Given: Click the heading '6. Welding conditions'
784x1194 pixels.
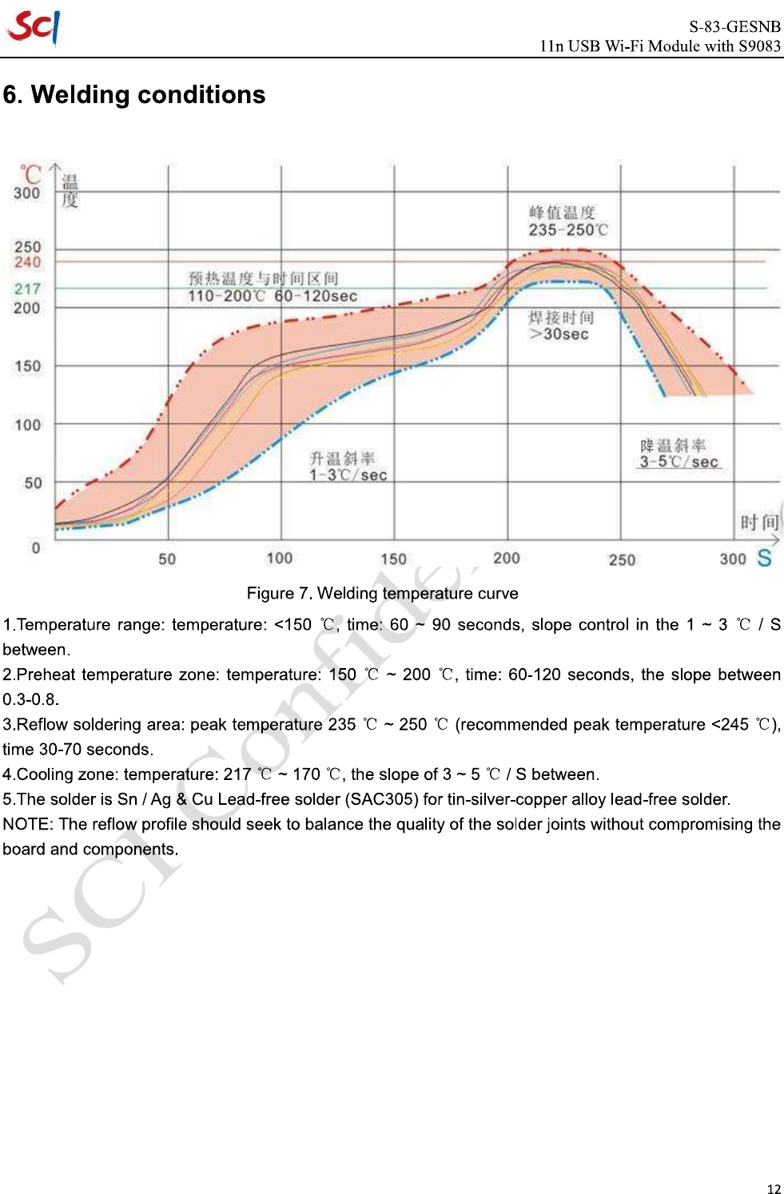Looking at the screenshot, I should (134, 95).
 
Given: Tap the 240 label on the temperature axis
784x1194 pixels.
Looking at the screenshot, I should (27, 262).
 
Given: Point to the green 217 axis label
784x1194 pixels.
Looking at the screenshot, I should (27, 289).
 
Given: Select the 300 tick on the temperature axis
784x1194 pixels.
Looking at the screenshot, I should (26, 193).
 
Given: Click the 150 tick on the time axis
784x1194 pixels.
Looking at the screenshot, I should (393, 559).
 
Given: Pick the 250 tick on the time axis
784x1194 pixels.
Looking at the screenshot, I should (622, 559).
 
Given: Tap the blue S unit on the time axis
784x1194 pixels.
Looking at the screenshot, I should (764, 558).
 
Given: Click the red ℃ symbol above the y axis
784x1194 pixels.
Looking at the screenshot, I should (30, 173).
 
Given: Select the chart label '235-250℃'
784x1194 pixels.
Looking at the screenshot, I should (568, 230).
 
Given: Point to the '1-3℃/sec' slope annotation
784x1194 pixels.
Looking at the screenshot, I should (348, 475).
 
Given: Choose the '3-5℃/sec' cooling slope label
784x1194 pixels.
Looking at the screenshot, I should (679, 462).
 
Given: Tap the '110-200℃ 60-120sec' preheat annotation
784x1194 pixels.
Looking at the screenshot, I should (273, 297).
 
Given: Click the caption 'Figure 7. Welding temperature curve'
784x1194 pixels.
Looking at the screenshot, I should (382, 593).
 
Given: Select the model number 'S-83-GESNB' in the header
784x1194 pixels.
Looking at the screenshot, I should (734, 26).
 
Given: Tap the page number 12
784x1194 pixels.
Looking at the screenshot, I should (773, 1188).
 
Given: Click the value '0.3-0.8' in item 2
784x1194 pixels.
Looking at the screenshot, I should (30, 699).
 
